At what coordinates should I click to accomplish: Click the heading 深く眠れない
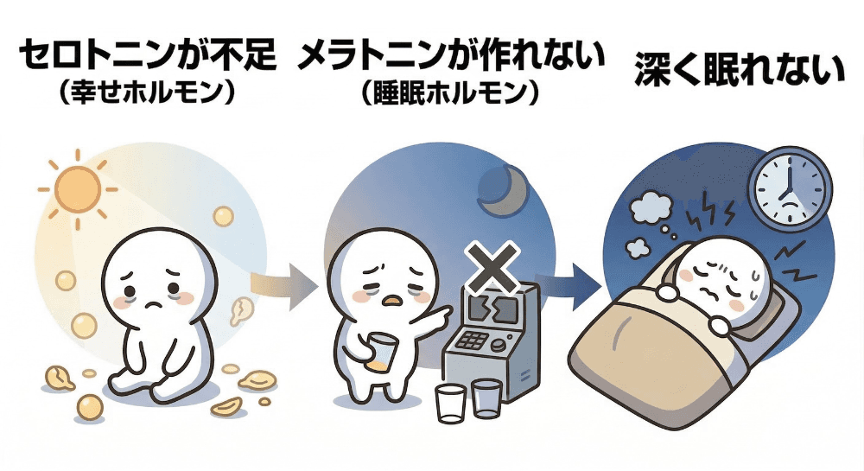(x=739, y=69)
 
